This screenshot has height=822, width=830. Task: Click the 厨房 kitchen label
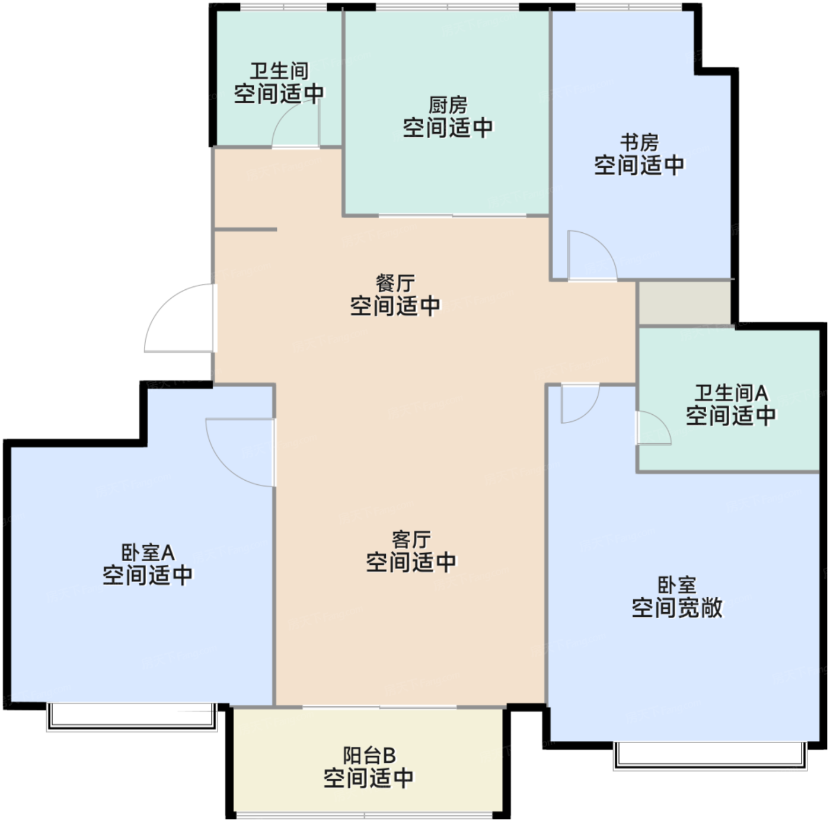pyautogui.click(x=448, y=105)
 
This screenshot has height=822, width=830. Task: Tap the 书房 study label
pyautogui.click(x=639, y=142)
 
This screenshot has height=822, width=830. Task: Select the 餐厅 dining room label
pyautogui.click(x=395, y=283)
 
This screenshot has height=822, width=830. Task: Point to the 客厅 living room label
pyautogui.click(x=411, y=539)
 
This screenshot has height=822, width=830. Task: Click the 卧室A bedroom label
pyautogui.click(x=147, y=552)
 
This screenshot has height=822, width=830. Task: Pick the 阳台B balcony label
pyautogui.click(x=369, y=755)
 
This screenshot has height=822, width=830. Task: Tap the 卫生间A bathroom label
pyautogui.click(x=731, y=393)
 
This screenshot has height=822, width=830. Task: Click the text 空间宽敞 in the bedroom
pyautogui.click(x=677, y=607)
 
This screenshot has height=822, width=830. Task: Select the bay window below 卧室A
pyautogui.click(x=132, y=717)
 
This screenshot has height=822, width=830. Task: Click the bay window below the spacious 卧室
pyautogui.click(x=710, y=755)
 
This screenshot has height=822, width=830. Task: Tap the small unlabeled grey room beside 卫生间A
pyautogui.click(x=685, y=303)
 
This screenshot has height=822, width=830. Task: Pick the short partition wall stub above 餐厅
pyautogui.click(x=245, y=229)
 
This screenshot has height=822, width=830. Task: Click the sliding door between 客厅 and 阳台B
pyautogui.click(x=379, y=706)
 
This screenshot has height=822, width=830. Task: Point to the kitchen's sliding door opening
pyautogui.click(x=452, y=215)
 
